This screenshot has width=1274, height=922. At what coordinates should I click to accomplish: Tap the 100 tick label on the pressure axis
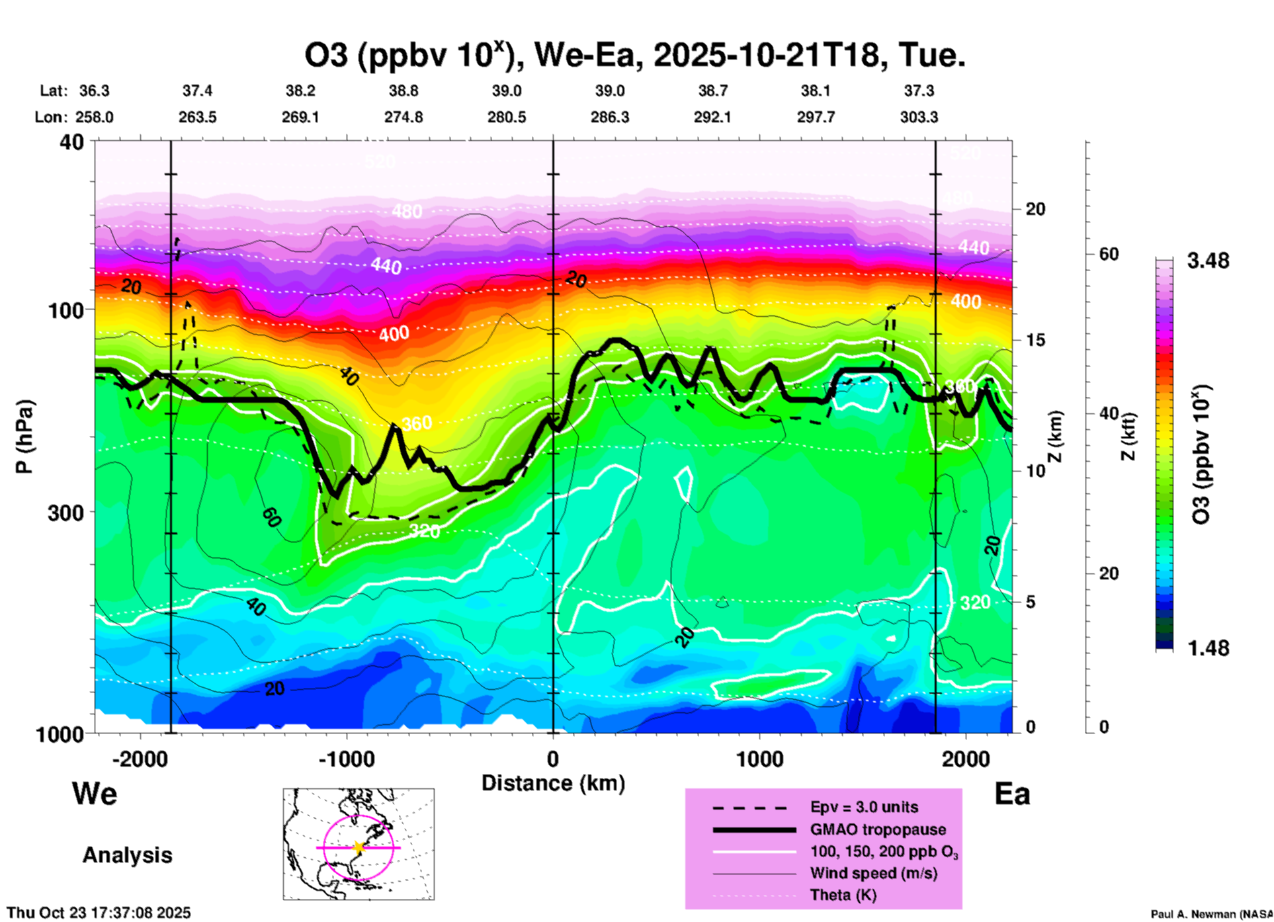coord(65,310)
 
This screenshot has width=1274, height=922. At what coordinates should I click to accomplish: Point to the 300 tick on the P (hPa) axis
coord(65,512)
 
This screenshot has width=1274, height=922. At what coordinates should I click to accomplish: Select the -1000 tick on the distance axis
coord(346,759)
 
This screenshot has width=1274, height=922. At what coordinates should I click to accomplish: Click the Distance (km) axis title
coord(553,783)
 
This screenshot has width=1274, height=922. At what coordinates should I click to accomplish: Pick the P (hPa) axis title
coord(24,436)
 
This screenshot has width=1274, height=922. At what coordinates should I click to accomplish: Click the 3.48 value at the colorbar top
coord(1208,261)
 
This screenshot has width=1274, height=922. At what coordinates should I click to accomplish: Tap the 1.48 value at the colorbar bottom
coord(1208,648)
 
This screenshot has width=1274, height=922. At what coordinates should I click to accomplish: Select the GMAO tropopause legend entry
coord(878,829)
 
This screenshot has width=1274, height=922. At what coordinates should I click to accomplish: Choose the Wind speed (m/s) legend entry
coord(873,873)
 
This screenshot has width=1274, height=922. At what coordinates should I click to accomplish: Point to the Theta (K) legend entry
coord(843,895)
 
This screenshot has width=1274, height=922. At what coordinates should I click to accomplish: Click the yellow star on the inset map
coord(359,847)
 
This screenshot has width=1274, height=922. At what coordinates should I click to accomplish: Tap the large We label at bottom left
coord(95,793)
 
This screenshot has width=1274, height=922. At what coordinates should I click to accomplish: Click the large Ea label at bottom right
coord(1012,794)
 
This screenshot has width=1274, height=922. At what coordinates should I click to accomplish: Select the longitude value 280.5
coord(507,117)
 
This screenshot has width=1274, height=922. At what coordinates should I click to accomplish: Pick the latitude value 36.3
coord(95,91)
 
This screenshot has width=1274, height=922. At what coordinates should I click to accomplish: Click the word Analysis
coord(127,855)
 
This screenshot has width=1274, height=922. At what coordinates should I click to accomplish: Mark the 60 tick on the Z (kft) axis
coord(1109,254)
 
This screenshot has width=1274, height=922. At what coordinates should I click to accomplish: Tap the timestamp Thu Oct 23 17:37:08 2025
coord(99,913)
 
